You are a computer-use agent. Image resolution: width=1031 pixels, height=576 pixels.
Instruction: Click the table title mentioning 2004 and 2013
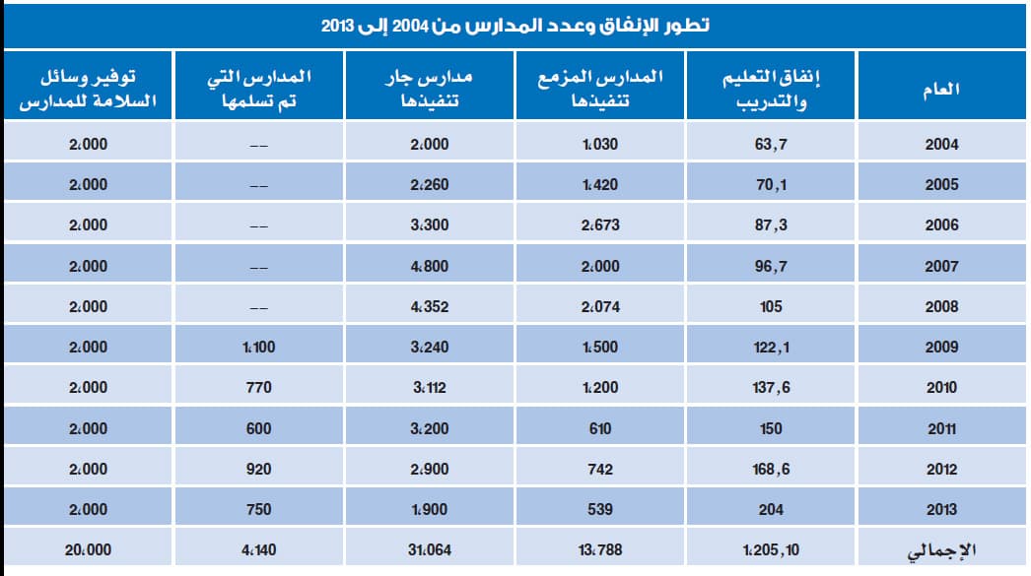pos(515,25)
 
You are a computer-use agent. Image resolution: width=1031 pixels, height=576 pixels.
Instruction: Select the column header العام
pos(941,90)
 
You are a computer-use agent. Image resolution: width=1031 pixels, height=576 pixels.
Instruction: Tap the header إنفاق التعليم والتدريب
pos(772,90)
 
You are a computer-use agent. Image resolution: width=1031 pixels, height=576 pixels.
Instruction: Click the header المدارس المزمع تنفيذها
pos(600,90)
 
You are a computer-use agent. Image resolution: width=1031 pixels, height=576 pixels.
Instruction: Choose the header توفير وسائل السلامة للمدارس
pos(88,90)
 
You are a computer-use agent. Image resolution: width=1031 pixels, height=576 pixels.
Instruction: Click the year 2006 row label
pos(941,224)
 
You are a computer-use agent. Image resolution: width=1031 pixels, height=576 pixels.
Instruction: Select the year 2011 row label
pos(941,428)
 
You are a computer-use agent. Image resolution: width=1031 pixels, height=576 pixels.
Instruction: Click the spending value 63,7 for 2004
pos(772,144)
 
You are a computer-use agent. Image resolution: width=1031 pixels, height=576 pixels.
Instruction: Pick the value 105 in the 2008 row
pos(772,306)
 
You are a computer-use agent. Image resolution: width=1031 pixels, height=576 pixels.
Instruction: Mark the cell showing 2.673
pos(600,224)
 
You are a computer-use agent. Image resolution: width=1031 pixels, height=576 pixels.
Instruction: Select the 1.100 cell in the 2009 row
pos(258,347)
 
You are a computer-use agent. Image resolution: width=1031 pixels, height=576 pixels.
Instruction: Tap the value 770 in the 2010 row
pos(258,388)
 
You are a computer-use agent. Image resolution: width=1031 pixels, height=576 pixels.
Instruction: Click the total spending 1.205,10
pos(772,549)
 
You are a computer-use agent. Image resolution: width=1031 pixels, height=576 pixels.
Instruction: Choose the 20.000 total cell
pos(88,549)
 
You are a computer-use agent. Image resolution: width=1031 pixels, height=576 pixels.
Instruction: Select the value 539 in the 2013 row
pos(600,509)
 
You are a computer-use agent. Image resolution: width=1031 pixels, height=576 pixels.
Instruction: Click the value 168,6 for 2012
pos(772,469)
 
